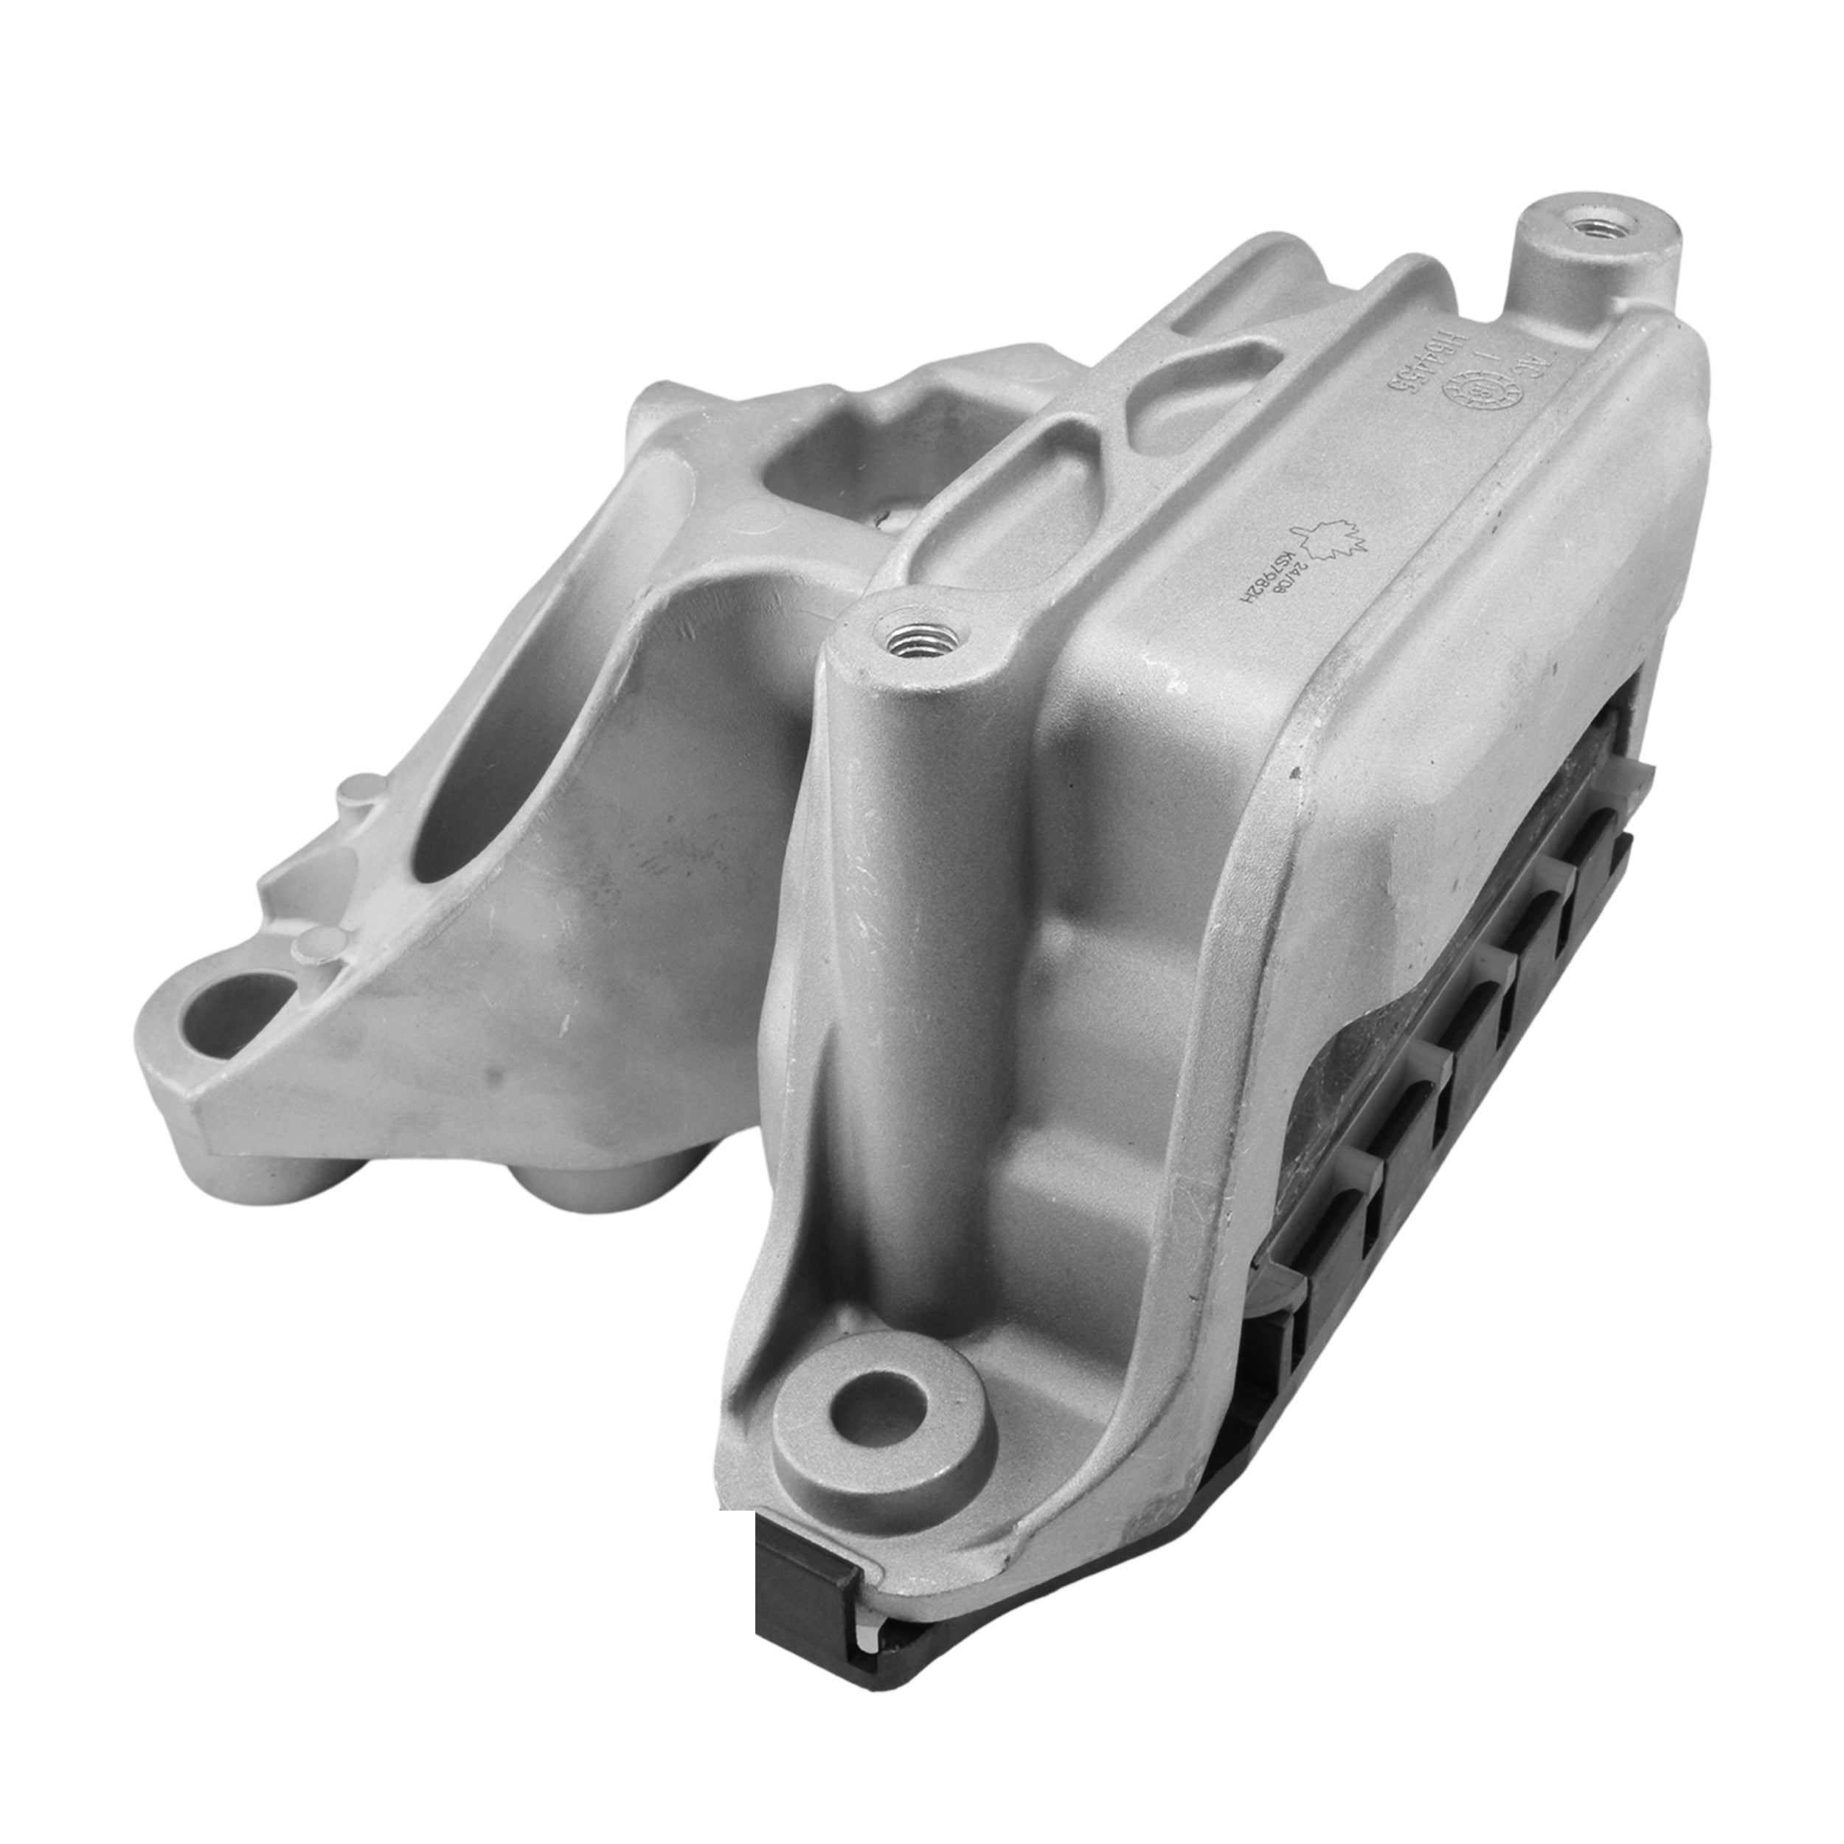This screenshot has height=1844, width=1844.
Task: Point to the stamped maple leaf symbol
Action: tap(1331, 542)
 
